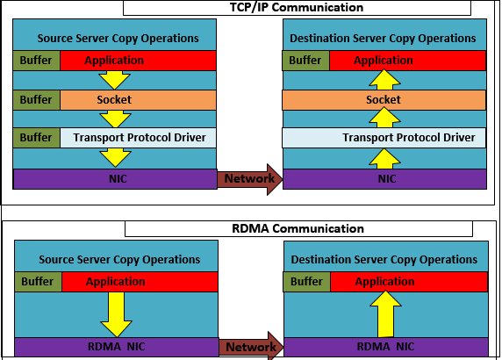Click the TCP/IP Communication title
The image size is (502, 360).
pyautogui.click(x=297, y=7)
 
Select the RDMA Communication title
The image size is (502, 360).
pyautogui.click(x=298, y=228)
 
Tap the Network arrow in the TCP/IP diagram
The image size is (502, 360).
pyautogui.click(x=250, y=179)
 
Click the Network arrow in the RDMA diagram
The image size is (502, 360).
pyautogui.click(x=251, y=347)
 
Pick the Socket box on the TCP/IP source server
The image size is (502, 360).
pyautogui.click(x=138, y=100)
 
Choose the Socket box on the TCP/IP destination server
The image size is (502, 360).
pyautogui.click(x=384, y=100)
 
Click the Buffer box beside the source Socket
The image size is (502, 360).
pyautogui.click(x=37, y=100)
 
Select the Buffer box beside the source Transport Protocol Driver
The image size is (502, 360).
pyautogui.click(x=37, y=138)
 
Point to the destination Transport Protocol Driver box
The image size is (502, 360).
pyautogui.click(x=384, y=138)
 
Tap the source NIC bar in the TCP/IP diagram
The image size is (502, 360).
pyautogui.click(x=115, y=179)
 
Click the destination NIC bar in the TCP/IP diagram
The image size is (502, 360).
pyautogui.click(x=384, y=179)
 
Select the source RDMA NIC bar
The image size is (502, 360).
pyautogui.click(x=117, y=347)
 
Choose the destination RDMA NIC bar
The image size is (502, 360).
pyautogui.click(x=386, y=347)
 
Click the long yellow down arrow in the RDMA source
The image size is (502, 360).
pyautogui.click(x=116, y=314)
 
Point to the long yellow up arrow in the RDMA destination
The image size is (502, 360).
pyautogui.click(x=385, y=313)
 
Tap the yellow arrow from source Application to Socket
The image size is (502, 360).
pyautogui.click(x=115, y=80)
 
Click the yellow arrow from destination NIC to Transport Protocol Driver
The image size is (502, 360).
pyautogui.click(x=384, y=159)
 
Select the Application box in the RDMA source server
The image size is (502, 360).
pyautogui.click(x=140, y=282)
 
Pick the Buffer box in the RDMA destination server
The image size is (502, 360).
pyautogui.click(x=306, y=282)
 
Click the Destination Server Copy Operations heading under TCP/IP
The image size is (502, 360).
pyautogui.click(x=383, y=39)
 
